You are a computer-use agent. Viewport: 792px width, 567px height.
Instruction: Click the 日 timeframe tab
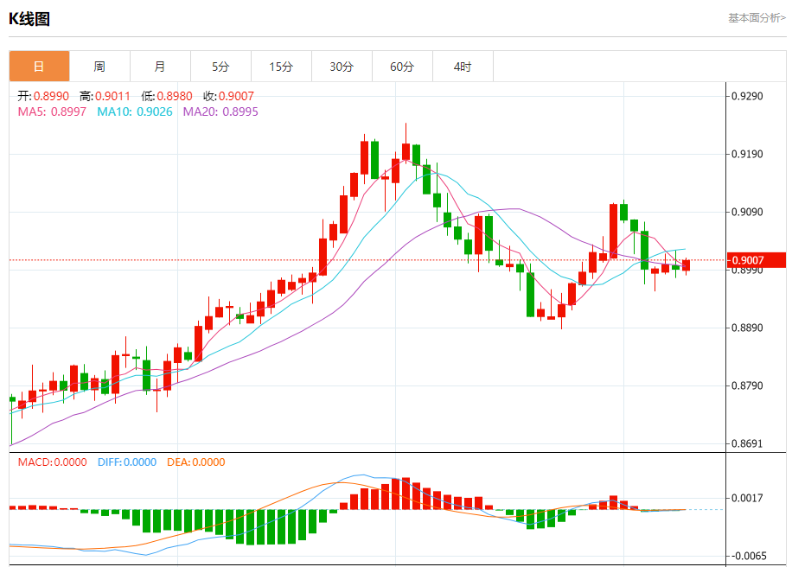point(39,67)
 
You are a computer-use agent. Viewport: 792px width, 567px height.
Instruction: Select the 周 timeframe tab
point(99,67)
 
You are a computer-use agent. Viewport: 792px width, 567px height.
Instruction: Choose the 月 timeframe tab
point(160,67)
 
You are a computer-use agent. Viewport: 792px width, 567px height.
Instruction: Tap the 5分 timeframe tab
point(220,67)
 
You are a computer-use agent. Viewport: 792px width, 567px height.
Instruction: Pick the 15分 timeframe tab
point(281,67)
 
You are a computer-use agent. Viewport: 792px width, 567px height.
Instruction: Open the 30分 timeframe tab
point(342,67)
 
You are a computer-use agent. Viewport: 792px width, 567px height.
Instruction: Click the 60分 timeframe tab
point(402,67)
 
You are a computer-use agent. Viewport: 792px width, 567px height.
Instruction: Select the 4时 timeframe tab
point(463,67)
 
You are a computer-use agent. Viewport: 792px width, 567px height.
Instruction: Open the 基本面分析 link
point(757,17)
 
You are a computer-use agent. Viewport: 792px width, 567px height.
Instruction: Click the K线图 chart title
point(29,18)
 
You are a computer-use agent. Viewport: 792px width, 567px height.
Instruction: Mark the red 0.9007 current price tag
point(757,260)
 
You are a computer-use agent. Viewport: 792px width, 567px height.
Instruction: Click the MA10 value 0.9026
point(155,111)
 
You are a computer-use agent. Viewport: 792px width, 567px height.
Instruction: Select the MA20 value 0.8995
point(240,111)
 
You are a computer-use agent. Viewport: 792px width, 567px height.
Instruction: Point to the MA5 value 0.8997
point(68,111)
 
